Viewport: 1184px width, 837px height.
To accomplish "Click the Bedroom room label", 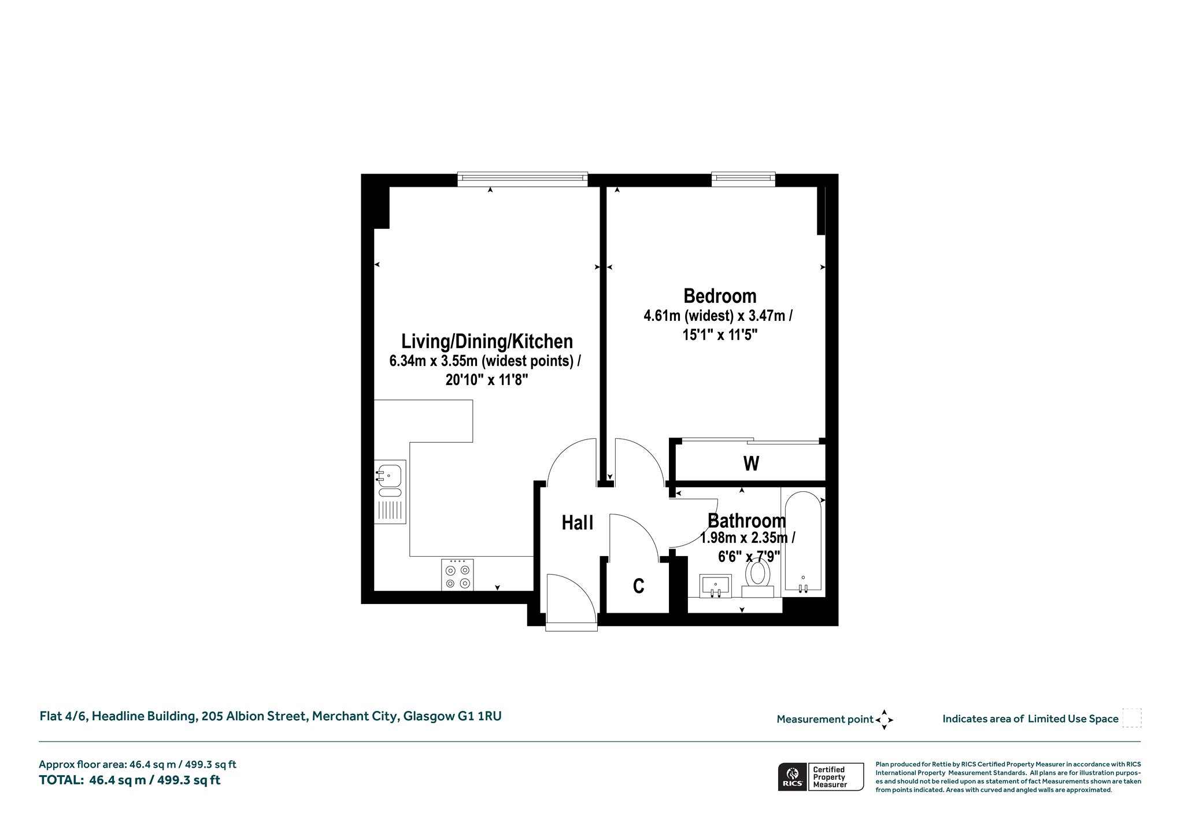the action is pos(720,296).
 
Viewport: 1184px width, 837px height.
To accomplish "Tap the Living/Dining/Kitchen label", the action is pos(487,341).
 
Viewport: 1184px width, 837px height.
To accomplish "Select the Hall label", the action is pos(578,523).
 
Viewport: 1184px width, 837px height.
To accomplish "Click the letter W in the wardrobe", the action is pos(751,464).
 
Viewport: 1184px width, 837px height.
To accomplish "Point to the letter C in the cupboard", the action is pos(639,586).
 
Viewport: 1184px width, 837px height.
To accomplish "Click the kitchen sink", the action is pos(390,492).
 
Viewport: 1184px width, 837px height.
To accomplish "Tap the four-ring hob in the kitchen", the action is pos(457,575).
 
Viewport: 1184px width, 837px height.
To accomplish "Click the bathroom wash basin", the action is pos(715,586).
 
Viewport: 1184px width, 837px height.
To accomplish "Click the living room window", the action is pos(523,179).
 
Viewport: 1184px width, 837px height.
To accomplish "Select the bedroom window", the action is pos(743,179).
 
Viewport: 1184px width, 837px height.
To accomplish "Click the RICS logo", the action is pos(792,776).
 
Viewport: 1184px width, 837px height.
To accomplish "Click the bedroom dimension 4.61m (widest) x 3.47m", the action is pos(718,316).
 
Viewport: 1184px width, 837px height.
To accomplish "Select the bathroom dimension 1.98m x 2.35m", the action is pos(747,539).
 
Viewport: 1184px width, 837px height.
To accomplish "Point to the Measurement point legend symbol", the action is pos(885,720).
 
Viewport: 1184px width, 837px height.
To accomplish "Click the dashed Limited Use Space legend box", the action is pos(1131,718).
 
